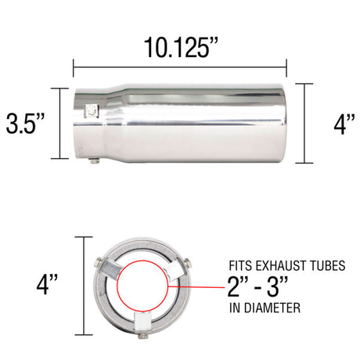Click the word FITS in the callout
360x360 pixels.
click(240, 265)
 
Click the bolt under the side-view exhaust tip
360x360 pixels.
click(93, 162)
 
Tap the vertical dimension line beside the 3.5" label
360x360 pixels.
click(60, 124)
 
